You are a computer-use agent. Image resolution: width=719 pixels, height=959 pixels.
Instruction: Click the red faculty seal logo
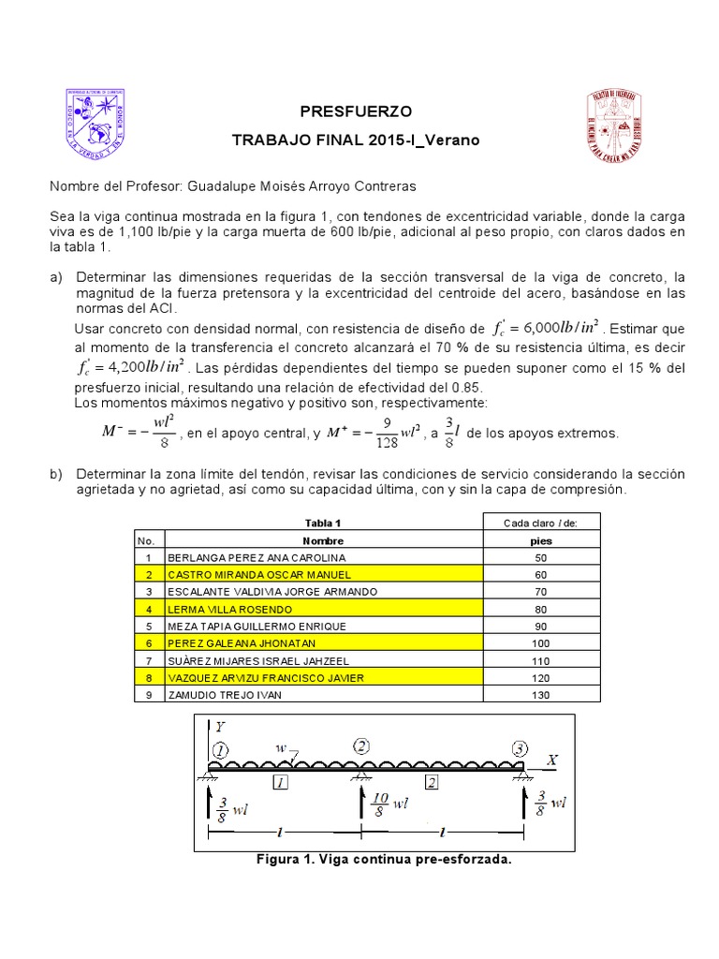click(614, 125)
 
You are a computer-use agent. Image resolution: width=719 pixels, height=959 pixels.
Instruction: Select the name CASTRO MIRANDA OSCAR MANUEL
click(246, 574)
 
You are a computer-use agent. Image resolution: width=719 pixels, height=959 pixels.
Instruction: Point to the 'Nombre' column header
click(323, 540)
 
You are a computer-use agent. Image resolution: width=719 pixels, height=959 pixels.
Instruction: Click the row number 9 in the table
click(148, 696)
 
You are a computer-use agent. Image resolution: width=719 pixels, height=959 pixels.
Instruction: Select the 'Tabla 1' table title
click(323, 523)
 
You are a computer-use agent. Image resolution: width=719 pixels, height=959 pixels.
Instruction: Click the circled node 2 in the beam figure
click(362, 746)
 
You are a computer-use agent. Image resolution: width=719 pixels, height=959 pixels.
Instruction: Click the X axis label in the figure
click(551, 761)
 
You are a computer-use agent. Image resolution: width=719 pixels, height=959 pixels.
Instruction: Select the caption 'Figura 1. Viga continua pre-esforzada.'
click(384, 860)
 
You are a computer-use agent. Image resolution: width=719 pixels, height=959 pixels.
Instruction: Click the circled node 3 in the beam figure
click(520, 749)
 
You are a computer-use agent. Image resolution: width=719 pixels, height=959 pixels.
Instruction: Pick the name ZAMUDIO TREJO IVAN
click(225, 696)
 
